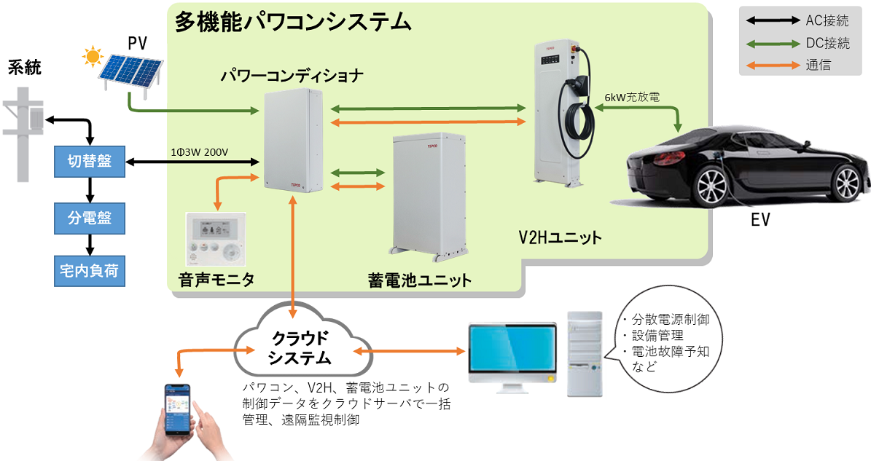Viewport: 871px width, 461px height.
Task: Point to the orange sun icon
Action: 92,56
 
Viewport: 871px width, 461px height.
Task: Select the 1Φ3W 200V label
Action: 198,152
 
